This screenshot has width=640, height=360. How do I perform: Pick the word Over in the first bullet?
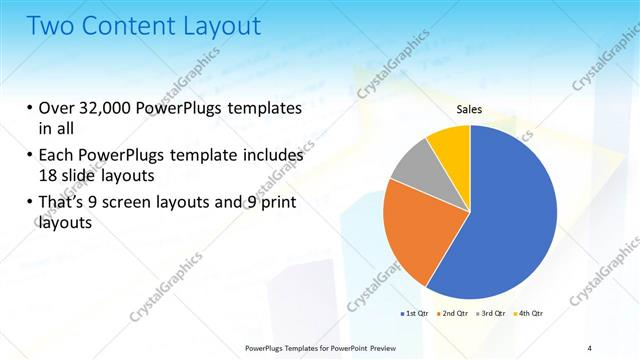coord(61,109)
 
